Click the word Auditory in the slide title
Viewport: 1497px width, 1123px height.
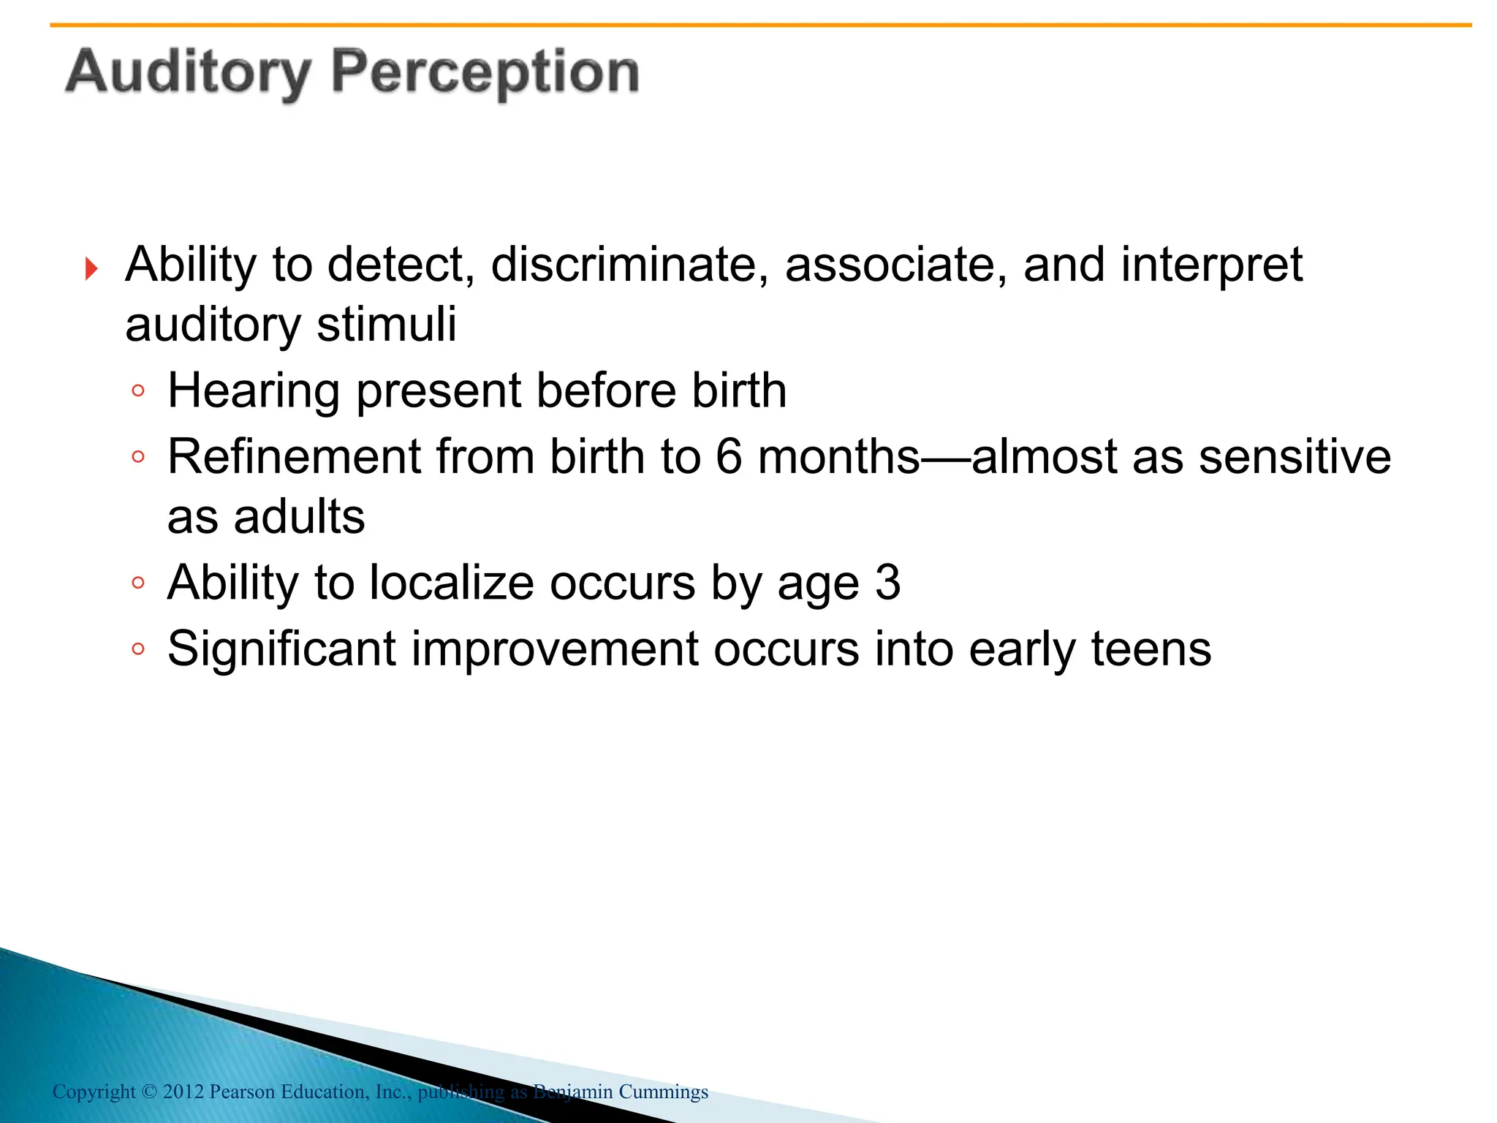pos(188,73)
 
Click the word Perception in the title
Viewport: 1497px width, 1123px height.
pos(485,73)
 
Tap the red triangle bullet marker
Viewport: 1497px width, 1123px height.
pos(91,268)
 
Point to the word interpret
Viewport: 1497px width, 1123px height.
pos(1211,266)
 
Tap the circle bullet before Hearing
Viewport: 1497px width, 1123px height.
pos(138,391)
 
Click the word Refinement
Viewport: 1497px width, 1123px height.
pos(293,457)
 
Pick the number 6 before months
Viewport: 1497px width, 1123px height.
pos(729,457)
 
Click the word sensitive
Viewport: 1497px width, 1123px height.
pos(1295,457)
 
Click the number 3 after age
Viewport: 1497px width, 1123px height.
pos(887,583)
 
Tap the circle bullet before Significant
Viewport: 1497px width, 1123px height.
pos(138,649)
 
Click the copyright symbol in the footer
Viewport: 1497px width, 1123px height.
pos(149,1092)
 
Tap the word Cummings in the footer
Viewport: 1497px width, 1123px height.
pos(663,1092)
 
